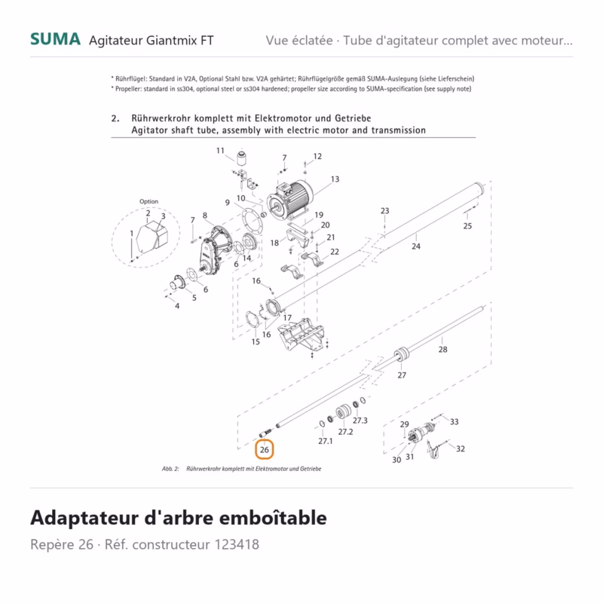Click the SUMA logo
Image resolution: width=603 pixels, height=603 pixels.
point(55,39)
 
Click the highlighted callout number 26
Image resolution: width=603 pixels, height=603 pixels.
point(265,449)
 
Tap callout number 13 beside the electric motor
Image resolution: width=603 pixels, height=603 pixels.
point(335,179)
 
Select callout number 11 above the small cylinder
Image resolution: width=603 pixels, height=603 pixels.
point(220,150)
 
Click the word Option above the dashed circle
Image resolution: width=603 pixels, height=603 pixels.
point(148,201)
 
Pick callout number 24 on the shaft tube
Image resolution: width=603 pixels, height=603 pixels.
point(416,246)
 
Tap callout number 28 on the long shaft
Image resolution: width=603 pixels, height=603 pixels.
point(443,349)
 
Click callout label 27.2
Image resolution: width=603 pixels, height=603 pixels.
point(345,432)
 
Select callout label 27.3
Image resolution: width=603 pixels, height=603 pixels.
point(360,421)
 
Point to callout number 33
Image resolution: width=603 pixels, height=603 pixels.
point(455,422)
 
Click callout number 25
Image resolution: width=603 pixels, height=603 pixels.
point(467,226)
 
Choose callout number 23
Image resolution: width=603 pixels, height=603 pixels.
point(385,211)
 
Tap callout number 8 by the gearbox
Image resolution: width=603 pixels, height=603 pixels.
point(205,216)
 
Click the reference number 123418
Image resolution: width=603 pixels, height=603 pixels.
point(237,544)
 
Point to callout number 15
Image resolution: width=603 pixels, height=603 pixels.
point(256,342)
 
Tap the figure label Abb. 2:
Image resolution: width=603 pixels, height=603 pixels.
point(170,469)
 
